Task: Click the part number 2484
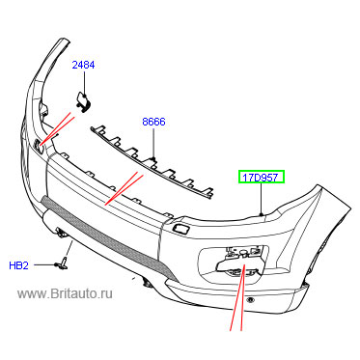83,65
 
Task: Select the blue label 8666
153,122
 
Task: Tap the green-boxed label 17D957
262,178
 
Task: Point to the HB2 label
19,265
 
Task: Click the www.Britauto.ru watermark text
66,293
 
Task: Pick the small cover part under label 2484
83,100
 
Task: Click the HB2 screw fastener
62,263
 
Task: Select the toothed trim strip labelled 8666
152,159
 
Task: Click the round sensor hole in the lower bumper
250,300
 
